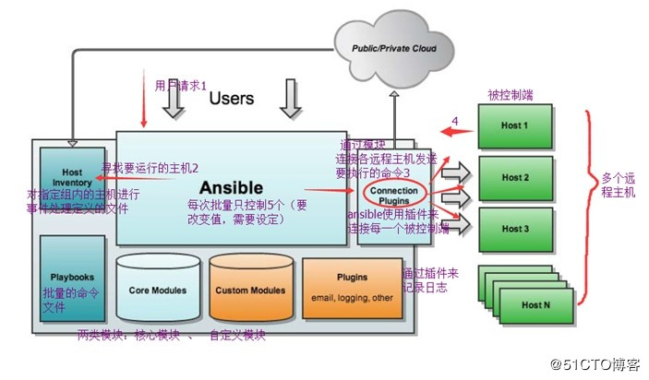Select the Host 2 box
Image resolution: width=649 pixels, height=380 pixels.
coord(516,178)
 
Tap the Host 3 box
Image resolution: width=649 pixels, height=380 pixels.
coord(516,228)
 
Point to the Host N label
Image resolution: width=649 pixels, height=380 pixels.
coord(535,304)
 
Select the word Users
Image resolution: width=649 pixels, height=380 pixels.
coord(232,98)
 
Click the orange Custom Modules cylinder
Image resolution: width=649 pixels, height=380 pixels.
coord(249,288)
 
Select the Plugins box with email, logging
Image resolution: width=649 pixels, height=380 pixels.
coord(352,285)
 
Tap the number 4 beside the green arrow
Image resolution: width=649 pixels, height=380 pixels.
coord(454,120)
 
